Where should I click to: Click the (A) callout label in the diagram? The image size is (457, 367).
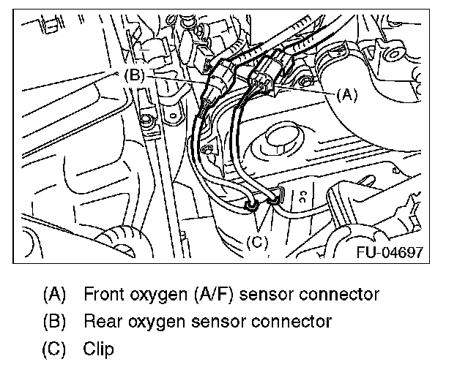(346, 94)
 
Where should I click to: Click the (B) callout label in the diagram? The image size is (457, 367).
(136, 75)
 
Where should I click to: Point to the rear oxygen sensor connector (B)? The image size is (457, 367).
(219, 80)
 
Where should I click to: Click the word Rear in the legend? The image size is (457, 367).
(100, 322)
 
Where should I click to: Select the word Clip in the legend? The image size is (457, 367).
(98, 349)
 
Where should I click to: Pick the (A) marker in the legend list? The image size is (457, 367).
(54, 295)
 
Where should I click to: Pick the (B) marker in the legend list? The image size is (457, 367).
(54, 322)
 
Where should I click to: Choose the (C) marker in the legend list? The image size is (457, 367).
(54, 349)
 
